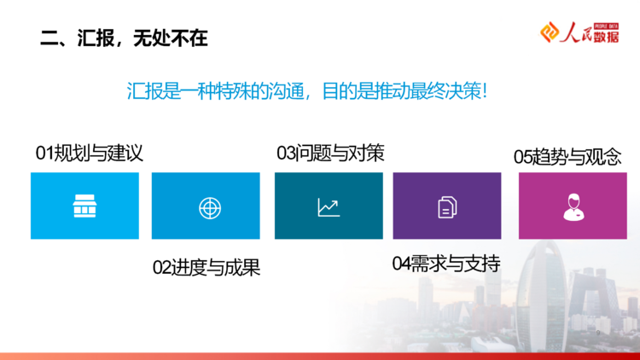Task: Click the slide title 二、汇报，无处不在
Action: pos(124,38)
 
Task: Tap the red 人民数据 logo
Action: pos(579,32)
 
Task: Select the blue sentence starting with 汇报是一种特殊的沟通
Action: pos(307,90)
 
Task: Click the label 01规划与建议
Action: pos(90,154)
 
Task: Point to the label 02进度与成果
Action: pos(207,268)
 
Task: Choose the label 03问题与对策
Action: pos(330,154)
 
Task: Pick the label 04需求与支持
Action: pos(446,264)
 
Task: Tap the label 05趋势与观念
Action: pos(567,157)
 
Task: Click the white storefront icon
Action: pos(84,206)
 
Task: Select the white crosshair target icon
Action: pos(210,208)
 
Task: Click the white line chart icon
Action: pos(329,207)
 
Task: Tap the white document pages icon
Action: pos(447,207)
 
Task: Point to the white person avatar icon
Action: pos(573,207)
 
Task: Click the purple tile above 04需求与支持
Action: pos(447,206)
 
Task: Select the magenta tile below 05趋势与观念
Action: pos(573,206)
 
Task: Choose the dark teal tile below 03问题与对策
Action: pos(329,206)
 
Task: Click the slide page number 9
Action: pos(598,333)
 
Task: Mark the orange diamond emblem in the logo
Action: pos(550,32)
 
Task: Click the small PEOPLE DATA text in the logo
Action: pos(606,26)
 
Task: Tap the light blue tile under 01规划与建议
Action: pos(84,206)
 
